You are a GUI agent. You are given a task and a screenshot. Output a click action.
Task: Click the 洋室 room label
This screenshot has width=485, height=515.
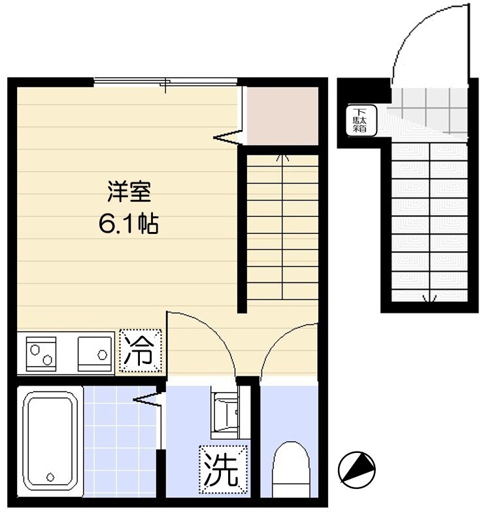(x=129, y=193)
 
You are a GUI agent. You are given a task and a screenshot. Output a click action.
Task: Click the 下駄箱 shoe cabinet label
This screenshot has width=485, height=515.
(x=360, y=119)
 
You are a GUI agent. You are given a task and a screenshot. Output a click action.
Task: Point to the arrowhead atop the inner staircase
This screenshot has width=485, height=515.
(x=282, y=158)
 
